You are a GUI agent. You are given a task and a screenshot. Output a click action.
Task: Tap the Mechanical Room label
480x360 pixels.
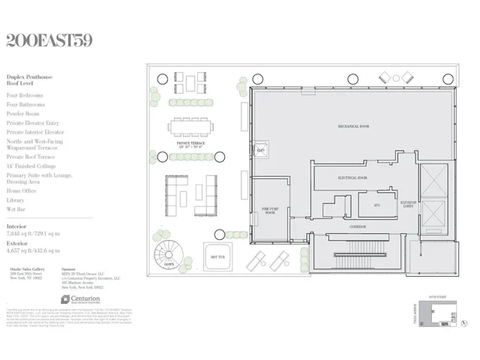tap(353, 127)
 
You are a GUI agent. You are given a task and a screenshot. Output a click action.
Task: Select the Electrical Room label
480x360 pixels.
tap(351, 178)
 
